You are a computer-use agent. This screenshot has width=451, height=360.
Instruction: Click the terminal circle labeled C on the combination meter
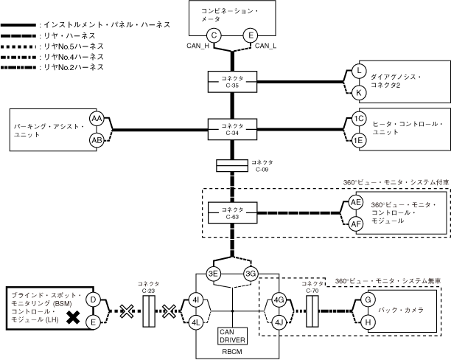(214, 35)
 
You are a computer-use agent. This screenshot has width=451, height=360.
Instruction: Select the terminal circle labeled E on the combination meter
(251, 35)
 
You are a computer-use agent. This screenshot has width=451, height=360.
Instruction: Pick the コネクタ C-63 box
(233, 212)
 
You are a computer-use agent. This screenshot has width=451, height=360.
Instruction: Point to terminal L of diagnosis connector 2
(359, 71)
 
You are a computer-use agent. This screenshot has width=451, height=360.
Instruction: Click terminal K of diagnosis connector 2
(359, 93)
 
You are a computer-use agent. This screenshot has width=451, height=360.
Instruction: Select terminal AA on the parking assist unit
(97, 118)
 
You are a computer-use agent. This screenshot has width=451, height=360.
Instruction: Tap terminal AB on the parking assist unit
(97, 140)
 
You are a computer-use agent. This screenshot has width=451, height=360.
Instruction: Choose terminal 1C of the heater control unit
(359, 118)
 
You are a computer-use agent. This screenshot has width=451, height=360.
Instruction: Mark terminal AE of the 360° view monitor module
(357, 201)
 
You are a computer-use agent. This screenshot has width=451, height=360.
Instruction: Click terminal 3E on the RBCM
(214, 274)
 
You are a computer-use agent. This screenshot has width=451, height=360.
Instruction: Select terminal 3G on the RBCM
(251, 274)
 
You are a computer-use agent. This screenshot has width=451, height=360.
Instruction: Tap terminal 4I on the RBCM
(195, 301)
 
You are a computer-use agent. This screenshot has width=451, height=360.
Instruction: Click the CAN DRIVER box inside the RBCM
(233, 336)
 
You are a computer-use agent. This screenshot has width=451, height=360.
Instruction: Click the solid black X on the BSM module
(74, 318)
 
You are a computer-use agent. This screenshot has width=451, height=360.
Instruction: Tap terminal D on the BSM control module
(94, 300)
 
